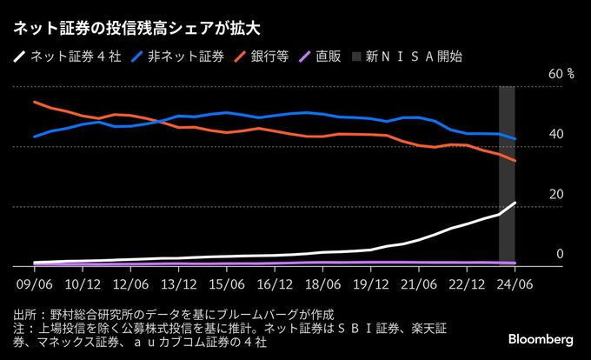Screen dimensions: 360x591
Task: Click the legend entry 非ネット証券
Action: point(179,57)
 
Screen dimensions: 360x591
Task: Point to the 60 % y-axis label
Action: point(556,75)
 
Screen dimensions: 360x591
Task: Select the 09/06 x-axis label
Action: point(34,283)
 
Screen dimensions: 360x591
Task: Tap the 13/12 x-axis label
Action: point(178,283)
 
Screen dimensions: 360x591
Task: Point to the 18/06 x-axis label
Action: point(322,283)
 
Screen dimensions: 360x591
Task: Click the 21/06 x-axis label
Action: point(419,283)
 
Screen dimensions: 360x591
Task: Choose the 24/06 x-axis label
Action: point(515,283)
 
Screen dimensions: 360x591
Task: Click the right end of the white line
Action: point(515,203)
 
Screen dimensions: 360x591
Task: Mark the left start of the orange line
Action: point(34,102)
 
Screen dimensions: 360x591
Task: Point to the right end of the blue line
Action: point(515,139)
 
